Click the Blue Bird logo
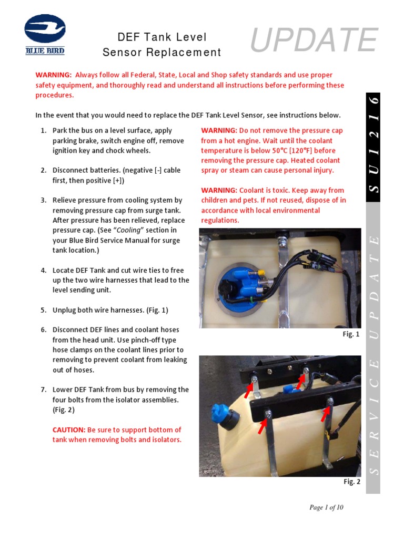tap(45, 34)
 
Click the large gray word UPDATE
tap(314, 41)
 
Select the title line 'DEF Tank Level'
tap(161, 37)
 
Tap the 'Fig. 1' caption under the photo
tap(351, 334)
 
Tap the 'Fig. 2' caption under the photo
tap(351, 482)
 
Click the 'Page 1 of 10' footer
tap(326, 507)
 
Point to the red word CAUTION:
tap(68, 430)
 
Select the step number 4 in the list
tap(44, 270)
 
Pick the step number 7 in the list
tap(44, 390)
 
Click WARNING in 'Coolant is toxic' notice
tap(219, 191)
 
